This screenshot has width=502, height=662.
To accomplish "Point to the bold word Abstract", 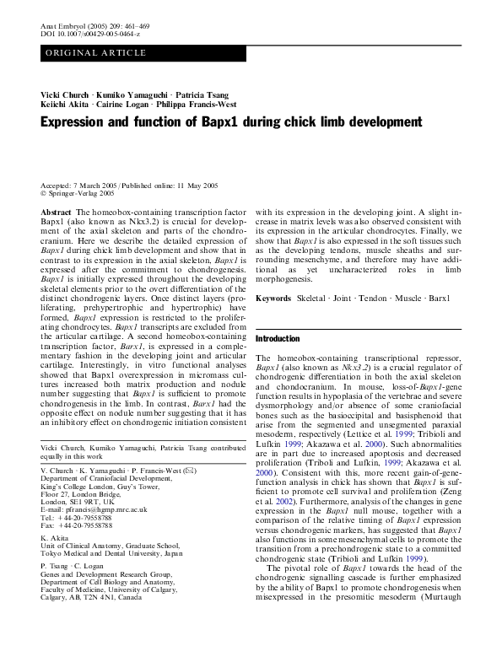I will pos(57,213).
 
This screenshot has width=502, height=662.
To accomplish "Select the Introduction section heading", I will pos(278,338).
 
